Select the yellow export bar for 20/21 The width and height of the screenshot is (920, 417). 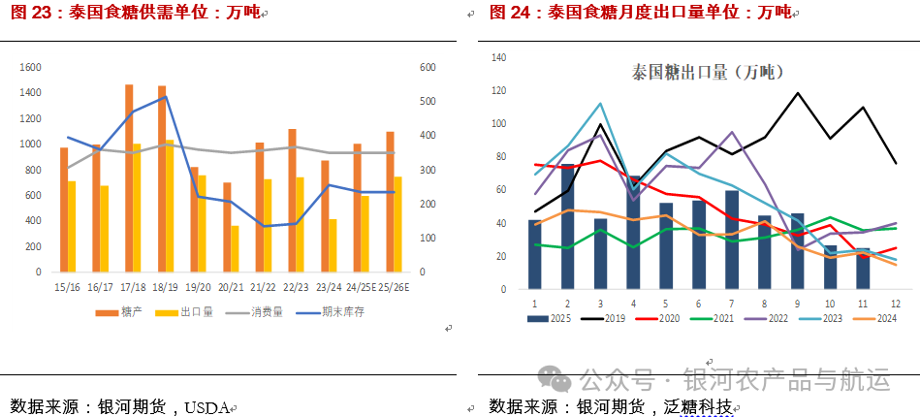click(235, 248)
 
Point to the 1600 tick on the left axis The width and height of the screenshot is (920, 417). click(30, 67)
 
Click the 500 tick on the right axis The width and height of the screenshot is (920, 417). click(428, 101)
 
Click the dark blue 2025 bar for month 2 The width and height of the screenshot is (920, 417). click(568, 227)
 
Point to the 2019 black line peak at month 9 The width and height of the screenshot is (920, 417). click(798, 94)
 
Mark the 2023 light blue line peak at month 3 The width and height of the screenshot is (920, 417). click(600, 104)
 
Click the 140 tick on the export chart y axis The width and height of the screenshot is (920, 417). click(499, 58)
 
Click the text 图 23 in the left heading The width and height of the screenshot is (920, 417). click(29, 13)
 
